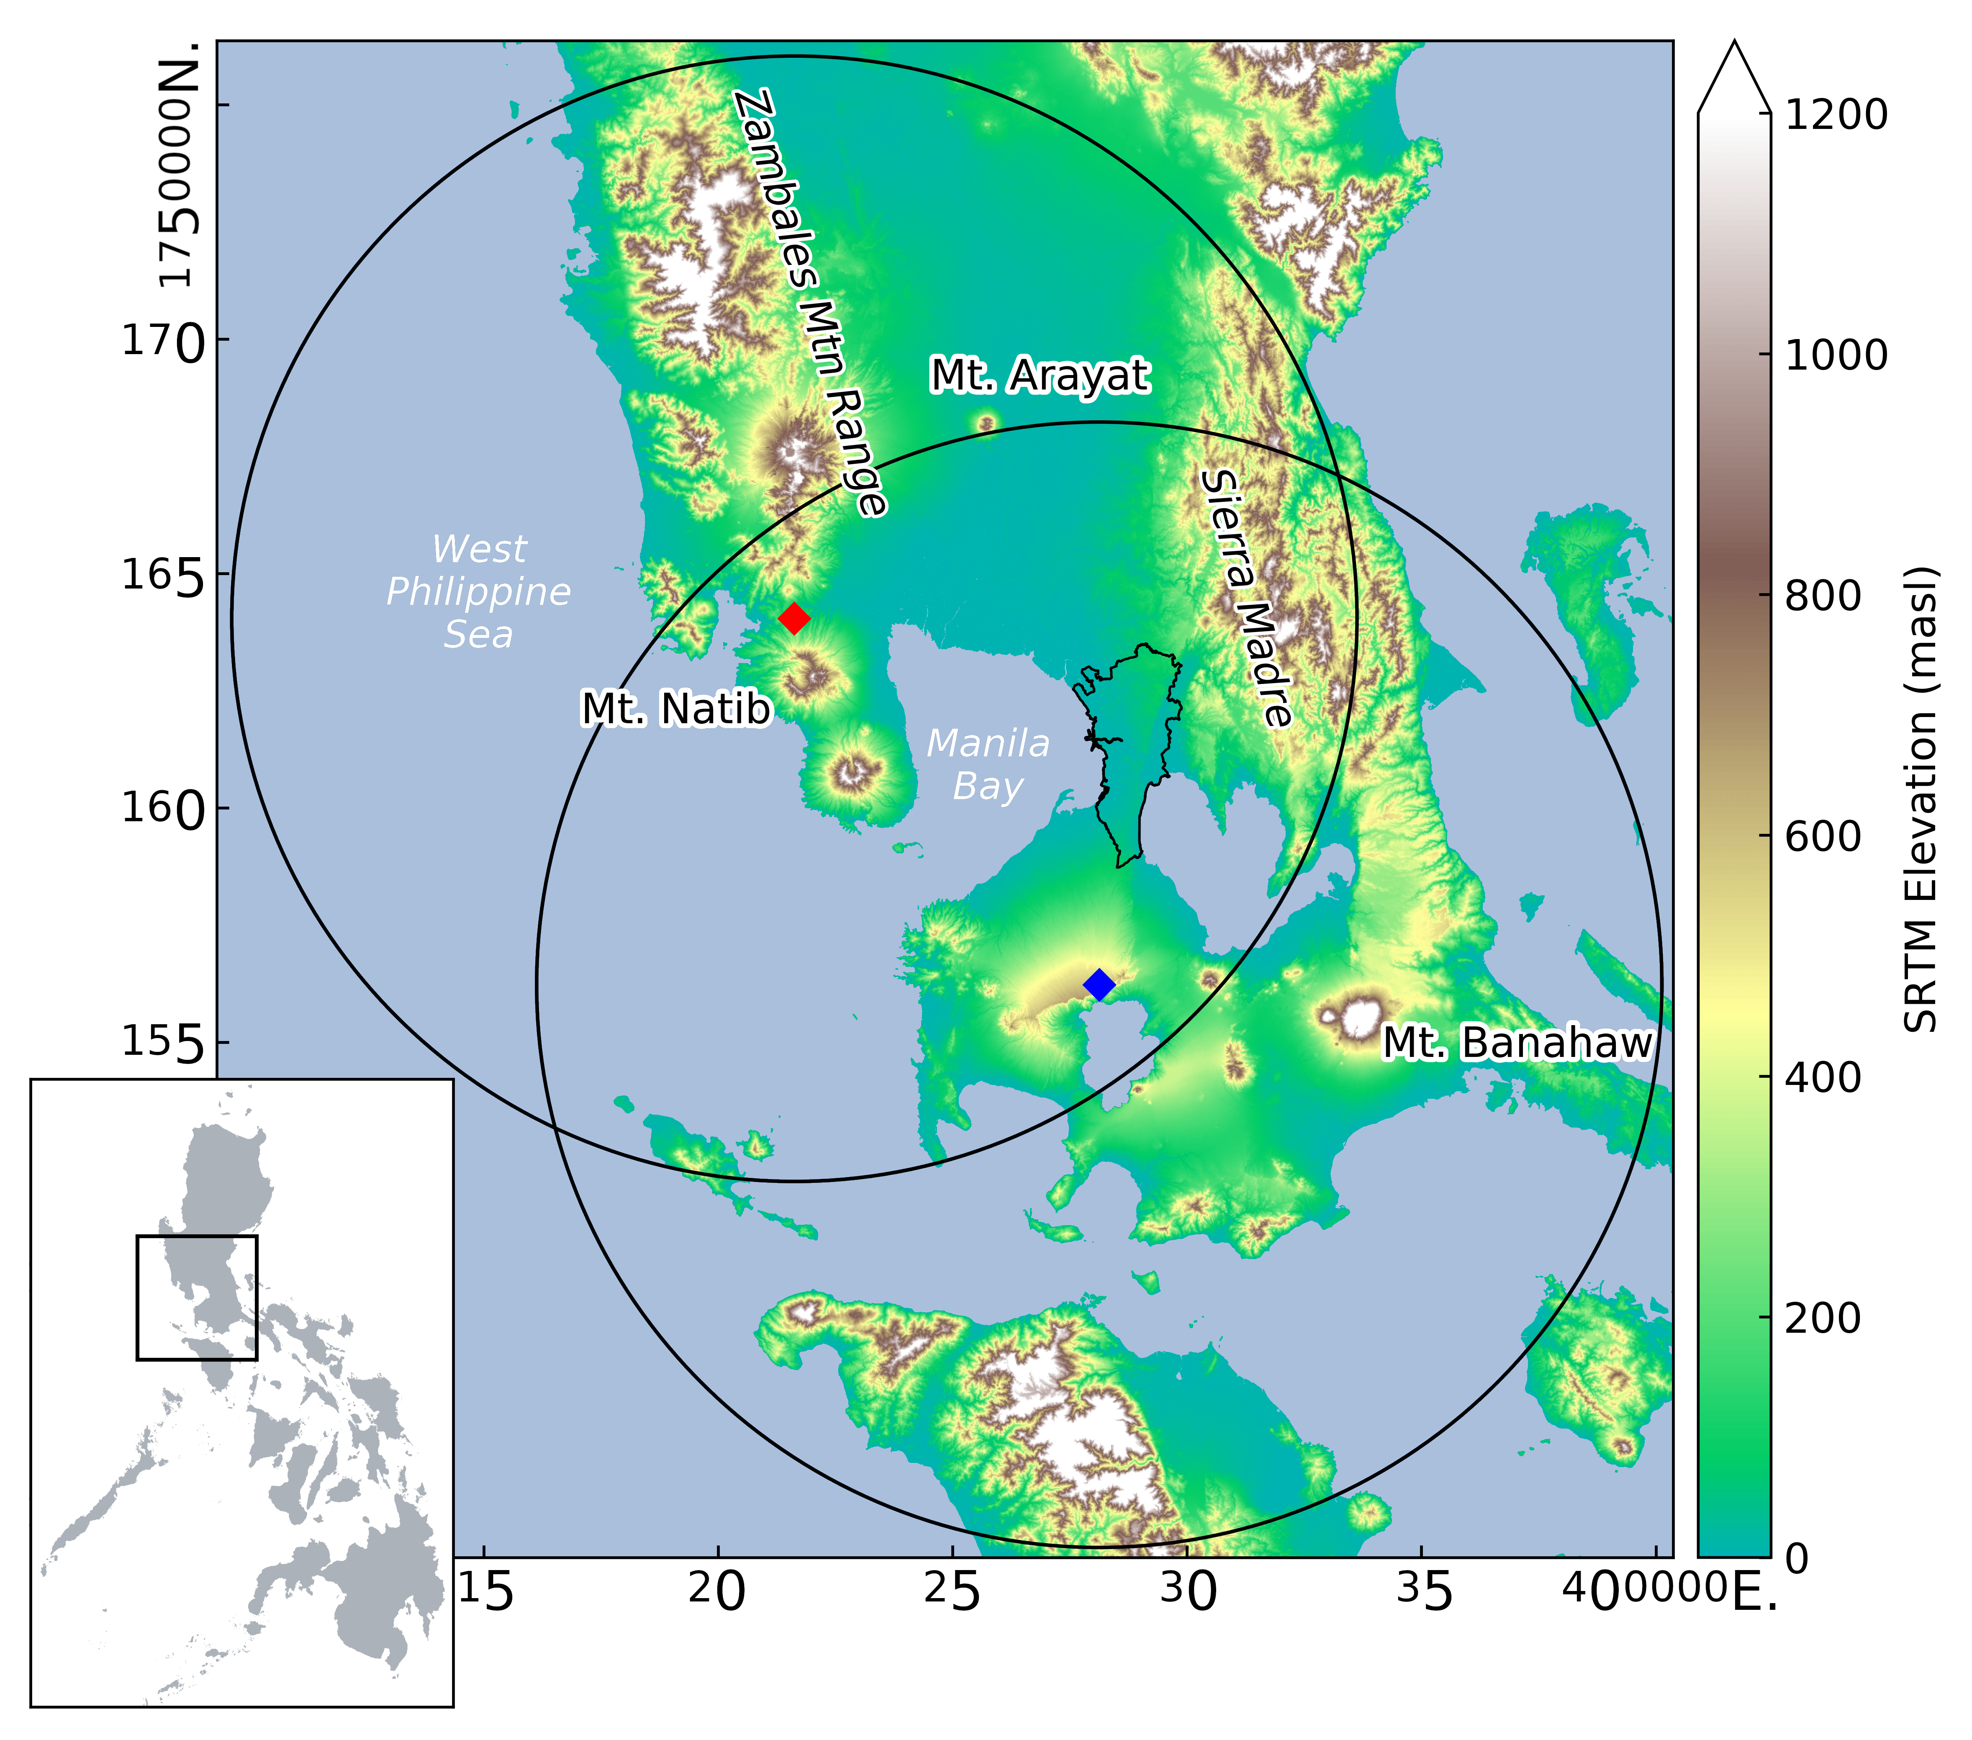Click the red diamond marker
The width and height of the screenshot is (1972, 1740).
coord(793,618)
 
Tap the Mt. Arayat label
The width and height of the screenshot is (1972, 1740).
coord(1039,375)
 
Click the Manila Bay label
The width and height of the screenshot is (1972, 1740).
coord(988,764)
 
